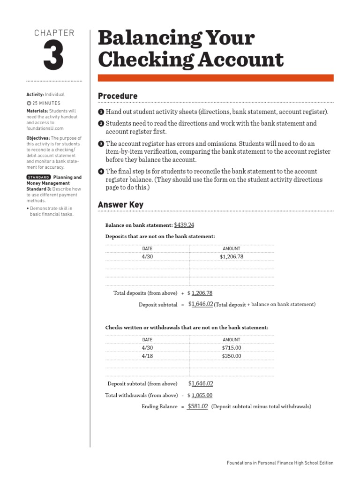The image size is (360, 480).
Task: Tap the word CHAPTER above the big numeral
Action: pyautogui.click(x=54, y=33)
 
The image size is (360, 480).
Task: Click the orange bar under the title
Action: pyautogui.click(x=216, y=78)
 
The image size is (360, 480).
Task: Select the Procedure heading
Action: pyautogui.click(x=118, y=96)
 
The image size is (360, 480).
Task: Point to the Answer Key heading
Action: pyautogui.click(x=120, y=205)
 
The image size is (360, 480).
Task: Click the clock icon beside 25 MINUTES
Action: pyautogui.click(x=29, y=103)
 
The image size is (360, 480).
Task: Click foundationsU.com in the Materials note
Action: pyautogui.click(x=45, y=128)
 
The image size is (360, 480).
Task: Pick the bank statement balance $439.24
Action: pyautogui.click(x=184, y=225)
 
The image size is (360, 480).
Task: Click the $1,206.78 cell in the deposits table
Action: pyautogui.click(x=232, y=257)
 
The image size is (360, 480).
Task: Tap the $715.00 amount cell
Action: pyautogui.click(x=232, y=348)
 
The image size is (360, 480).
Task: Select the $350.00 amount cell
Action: pyautogui.click(x=232, y=356)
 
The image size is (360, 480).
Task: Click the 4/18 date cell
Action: pyautogui.click(x=147, y=356)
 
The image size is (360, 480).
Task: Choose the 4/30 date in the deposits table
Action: pyautogui.click(x=147, y=257)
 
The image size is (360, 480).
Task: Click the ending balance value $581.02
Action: pyautogui.click(x=197, y=406)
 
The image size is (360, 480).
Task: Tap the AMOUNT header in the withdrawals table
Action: pyautogui.click(x=232, y=340)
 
